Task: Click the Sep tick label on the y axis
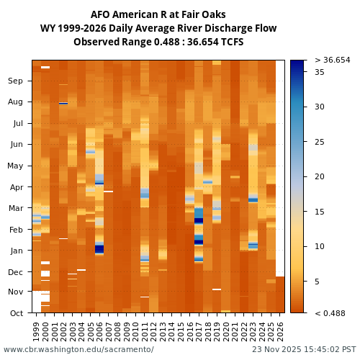(x=15, y=81)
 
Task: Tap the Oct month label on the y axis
(x=16, y=313)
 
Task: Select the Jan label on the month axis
(x=16, y=251)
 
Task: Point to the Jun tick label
(x=16, y=145)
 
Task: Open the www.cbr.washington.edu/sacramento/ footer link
(x=78, y=350)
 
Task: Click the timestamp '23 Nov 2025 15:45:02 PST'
(x=304, y=350)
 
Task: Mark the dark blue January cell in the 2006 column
(x=99, y=248)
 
